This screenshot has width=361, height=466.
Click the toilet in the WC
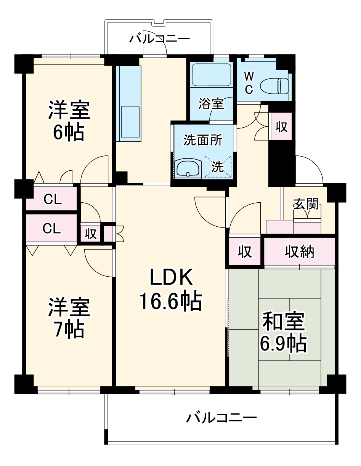274,86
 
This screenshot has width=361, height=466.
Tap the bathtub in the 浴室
211,75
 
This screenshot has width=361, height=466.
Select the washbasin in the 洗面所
188,169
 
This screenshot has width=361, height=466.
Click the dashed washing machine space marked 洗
218,167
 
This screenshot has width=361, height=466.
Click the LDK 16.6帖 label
171,288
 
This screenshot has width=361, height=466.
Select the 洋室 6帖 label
69,120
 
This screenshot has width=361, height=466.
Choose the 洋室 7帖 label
69,318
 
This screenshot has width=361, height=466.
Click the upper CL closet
51,199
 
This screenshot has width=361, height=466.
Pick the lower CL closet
51,228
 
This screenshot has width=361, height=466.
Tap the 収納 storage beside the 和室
299,251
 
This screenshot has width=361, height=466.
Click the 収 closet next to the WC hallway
282,127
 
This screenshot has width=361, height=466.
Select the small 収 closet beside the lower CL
90,233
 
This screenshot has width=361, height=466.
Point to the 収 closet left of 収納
245,251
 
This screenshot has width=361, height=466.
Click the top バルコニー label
160,39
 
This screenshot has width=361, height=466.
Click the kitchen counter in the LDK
128,104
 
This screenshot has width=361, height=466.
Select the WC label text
249,83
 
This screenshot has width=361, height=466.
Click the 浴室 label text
211,103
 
